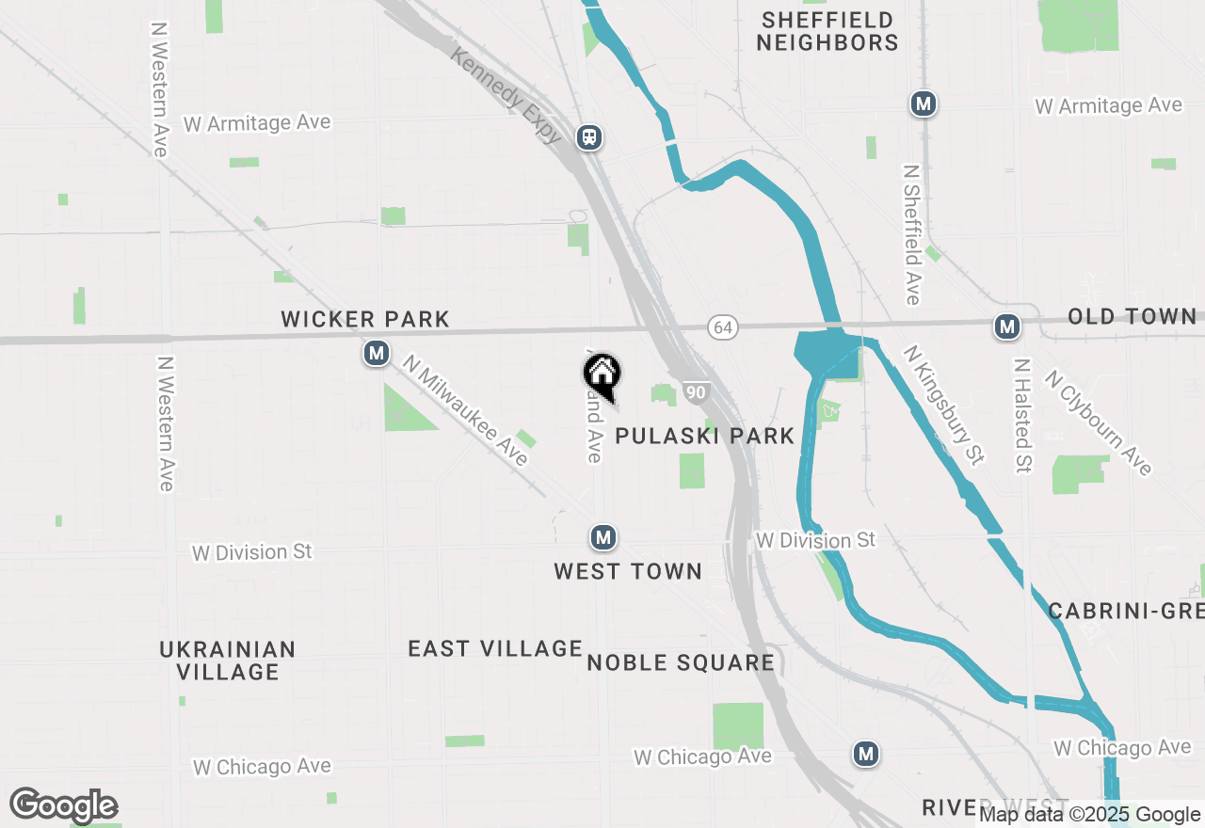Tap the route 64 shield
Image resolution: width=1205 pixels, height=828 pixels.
pyautogui.click(x=723, y=327)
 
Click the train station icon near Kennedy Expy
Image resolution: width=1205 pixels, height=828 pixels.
pyautogui.click(x=590, y=137)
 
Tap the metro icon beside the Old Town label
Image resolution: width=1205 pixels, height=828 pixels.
pyautogui.click(x=1007, y=326)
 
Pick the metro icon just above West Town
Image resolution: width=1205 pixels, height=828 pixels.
pyautogui.click(x=602, y=537)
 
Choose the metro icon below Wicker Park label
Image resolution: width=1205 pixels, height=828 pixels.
pyautogui.click(x=377, y=354)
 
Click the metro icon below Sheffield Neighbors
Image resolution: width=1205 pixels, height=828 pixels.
pyautogui.click(x=923, y=103)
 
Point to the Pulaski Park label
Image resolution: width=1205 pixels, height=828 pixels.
pyautogui.click(x=705, y=436)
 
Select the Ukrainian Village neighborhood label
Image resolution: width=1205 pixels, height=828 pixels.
pyautogui.click(x=228, y=661)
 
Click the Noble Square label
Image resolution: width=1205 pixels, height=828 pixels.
pyautogui.click(x=681, y=662)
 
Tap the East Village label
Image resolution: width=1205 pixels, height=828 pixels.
pyautogui.click(x=495, y=648)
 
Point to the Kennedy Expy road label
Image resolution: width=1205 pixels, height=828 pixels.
pyautogui.click(x=506, y=97)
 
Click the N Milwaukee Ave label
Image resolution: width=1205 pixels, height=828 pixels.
pyautogui.click(x=465, y=409)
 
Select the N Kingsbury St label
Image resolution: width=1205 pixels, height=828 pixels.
pyautogui.click(x=943, y=405)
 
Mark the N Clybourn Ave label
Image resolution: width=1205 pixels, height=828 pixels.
pyautogui.click(x=1098, y=422)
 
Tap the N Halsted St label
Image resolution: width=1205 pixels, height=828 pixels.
pyautogui.click(x=1023, y=414)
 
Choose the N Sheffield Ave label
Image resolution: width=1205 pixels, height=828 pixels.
pyautogui.click(x=911, y=235)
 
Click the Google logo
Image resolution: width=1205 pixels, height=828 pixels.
pyautogui.click(x=63, y=805)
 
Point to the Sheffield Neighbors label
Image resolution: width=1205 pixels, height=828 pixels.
pyautogui.click(x=827, y=31)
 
